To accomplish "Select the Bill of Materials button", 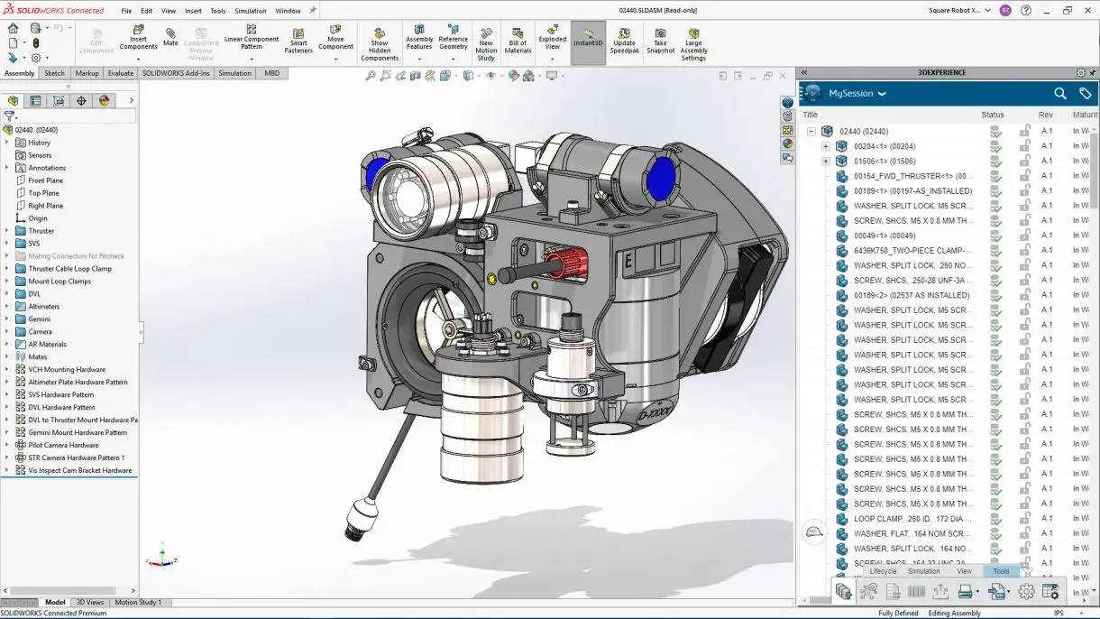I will click(518, 42).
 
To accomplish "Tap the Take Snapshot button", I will click(660, 42).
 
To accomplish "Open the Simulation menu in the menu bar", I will click(250, 11).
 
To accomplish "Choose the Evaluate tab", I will click(120, 73).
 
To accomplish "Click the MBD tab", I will click(271, 73).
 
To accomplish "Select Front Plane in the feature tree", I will click(45, 180).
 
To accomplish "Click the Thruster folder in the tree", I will click(41, 231).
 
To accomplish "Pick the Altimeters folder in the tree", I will click(43, 307).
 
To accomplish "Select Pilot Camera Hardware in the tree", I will click(63, 445).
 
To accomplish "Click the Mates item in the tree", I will click(37, 357).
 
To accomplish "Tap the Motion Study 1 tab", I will click(138, 602).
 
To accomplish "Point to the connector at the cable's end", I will click(358, 522).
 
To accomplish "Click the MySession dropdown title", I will click(857, 93).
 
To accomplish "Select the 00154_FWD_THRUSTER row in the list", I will click(912, 176).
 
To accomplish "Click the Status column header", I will click(992, 115).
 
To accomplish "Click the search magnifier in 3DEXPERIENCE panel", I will click(1060, 93).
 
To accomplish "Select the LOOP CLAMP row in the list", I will click(912, 519).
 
